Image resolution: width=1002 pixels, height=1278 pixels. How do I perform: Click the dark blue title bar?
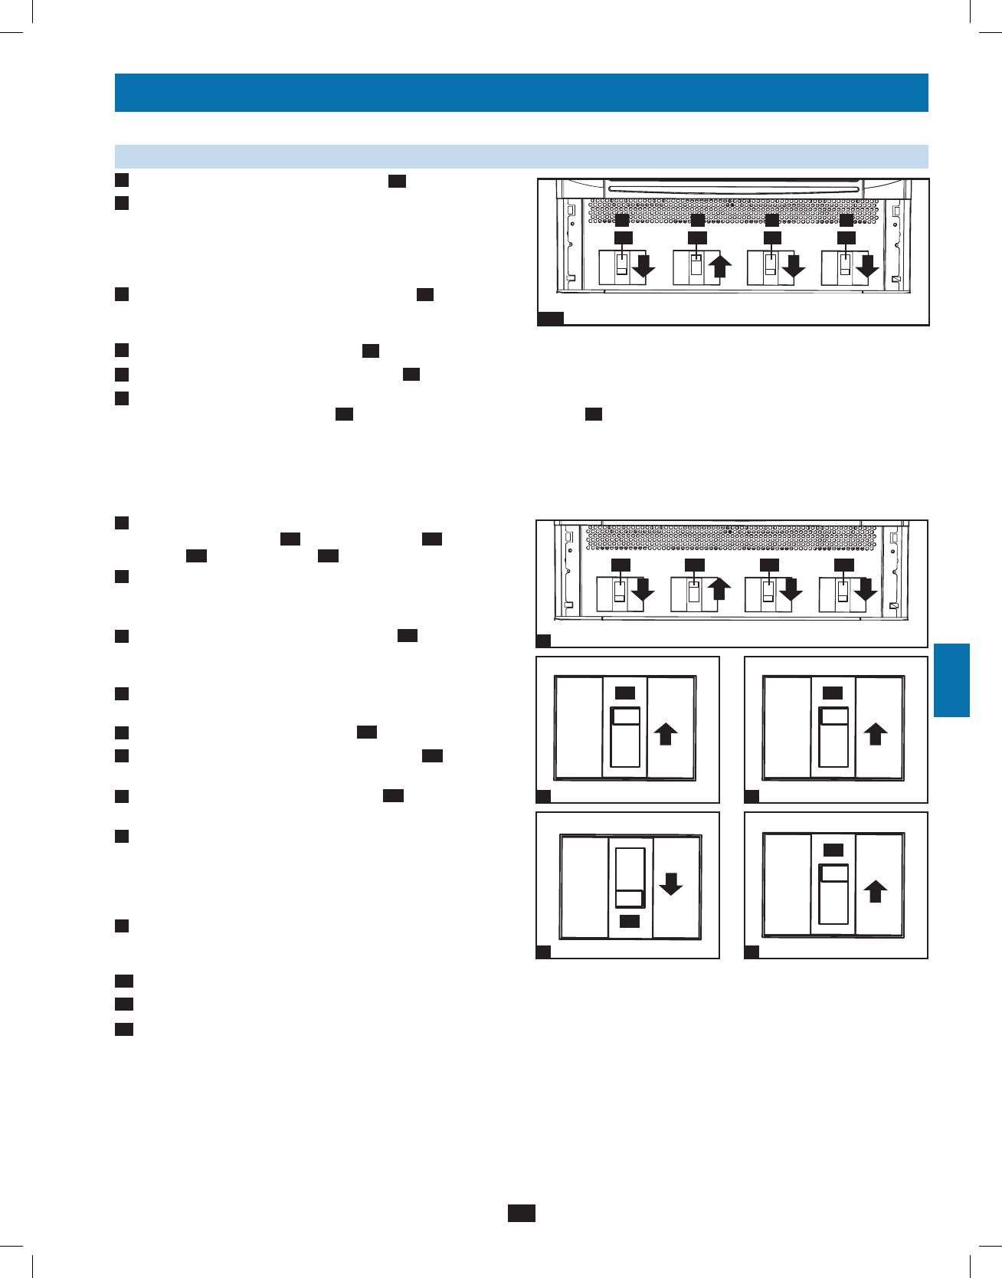521,93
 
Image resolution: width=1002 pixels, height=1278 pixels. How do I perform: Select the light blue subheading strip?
521,156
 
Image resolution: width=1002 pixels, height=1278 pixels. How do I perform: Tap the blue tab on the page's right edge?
951,680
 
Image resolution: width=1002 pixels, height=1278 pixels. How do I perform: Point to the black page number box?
521,1213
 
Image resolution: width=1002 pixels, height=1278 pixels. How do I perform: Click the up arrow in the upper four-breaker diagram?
721,266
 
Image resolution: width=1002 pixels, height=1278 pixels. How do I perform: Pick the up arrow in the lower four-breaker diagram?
719,588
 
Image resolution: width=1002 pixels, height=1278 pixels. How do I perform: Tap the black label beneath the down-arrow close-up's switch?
630,921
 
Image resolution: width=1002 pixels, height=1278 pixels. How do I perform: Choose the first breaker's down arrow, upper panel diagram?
643,266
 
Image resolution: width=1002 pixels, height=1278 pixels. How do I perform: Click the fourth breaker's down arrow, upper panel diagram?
866,266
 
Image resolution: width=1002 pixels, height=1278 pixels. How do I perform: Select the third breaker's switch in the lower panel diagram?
768,592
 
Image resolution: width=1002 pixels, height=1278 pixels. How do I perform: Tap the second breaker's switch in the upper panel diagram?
696,267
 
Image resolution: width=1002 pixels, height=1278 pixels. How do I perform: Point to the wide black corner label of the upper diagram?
550,319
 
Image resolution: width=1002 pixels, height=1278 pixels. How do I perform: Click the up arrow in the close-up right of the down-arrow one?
876,892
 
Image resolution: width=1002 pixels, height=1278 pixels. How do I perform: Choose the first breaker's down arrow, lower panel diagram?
642,589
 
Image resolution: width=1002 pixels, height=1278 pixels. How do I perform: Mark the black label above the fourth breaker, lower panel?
843,565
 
